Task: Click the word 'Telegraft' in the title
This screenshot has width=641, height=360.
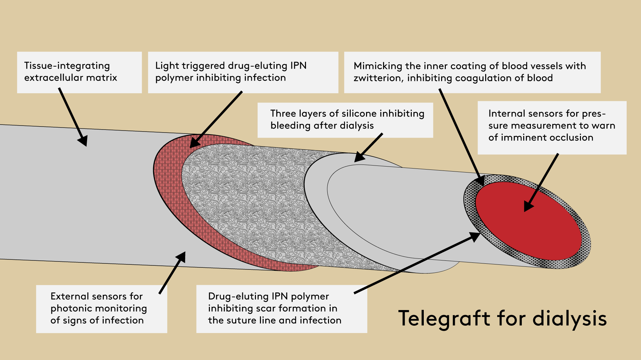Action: point(444,318)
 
